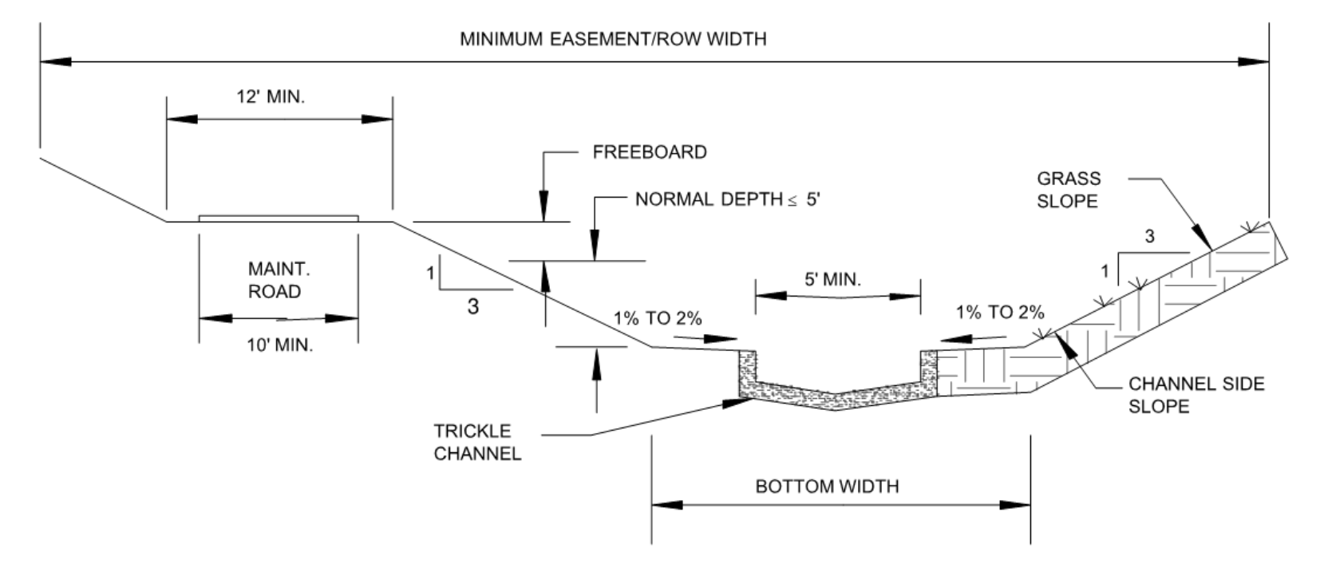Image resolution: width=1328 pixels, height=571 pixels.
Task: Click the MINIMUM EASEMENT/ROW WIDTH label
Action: [x=612, y=39]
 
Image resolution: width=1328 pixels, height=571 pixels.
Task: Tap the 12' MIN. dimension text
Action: [x=271, y=97]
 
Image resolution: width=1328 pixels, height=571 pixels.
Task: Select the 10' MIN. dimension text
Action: [x=279, y=345]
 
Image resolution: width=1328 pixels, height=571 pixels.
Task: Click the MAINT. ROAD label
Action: [x=274, y=280]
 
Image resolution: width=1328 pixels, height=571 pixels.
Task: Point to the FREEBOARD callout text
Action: [x=649, y=152]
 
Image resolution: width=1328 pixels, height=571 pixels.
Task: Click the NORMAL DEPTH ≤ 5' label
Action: [x=727, y=199]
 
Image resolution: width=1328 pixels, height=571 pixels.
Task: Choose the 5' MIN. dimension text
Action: [x=832, y=280]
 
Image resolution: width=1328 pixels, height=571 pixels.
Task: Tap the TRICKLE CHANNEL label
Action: [x=477, y=443]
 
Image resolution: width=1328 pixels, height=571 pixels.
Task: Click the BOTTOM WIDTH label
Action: [x=827, y=486]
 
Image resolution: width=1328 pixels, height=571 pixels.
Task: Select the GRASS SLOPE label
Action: [x=1068, y=190]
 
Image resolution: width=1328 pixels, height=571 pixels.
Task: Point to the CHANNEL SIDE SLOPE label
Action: [x=1196, y=395]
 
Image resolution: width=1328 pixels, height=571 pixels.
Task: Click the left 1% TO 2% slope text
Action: [x=658, y=319]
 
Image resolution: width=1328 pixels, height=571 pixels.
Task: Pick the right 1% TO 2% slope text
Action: [x=999, y=313]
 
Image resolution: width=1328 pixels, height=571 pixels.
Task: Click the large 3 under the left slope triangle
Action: [x=472, y=306]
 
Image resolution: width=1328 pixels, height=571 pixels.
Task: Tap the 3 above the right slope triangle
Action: [x=1149, y=237]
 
